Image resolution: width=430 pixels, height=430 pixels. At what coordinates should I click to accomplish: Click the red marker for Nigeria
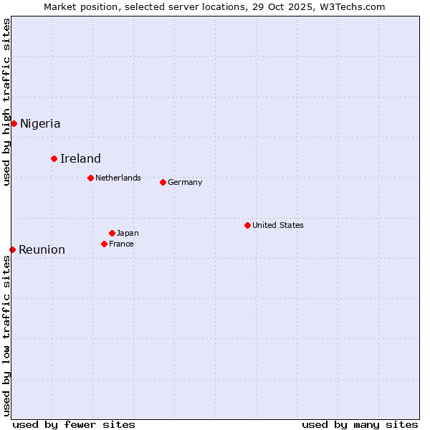pyautogui.click(x=14, y=123)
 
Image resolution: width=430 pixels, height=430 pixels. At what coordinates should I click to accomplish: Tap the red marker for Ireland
pyautogui.click(x=54, y=158)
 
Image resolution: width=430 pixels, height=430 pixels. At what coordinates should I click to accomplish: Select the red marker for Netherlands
pyautogui.click(x=90, y=178)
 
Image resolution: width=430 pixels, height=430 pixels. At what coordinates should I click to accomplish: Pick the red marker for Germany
pyautogui.click(x=163, y=182)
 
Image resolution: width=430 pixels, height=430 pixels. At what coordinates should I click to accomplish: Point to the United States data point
pyautogui.click(x=247, y=225)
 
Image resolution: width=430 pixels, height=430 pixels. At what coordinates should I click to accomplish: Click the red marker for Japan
pyautogui.click(x=112, y=233)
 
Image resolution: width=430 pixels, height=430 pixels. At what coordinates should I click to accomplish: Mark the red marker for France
pyautogui.click(x=104, y=244)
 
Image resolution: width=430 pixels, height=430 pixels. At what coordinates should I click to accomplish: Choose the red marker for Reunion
pyautogui.click(x=12, y=249)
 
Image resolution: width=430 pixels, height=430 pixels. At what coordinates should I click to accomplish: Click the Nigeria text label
pyautogui.click(x=40, y=123)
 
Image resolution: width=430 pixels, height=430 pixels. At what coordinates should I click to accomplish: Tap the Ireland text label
pyautogui.click(x=80, y=158)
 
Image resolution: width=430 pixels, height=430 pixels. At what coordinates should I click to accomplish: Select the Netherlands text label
pyautogui.click(x=118, y=178)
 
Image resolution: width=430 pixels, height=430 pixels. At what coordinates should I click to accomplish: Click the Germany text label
pyautogui.click(x=185, y=182)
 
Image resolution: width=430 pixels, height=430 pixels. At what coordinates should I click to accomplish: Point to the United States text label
pyautogui.click(x=278, y=225)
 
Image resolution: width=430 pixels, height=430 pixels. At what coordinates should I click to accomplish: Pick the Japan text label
pyautogui.click(x=128, y=233)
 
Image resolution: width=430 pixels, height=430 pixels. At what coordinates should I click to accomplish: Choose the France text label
pyautogui.click(x=121, y=244)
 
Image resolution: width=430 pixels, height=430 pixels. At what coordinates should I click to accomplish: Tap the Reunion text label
pyautogui.click(x=42, y=249)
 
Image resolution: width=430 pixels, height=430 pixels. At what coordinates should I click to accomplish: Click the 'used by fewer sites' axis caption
pyautogui.click(x=74, y=424)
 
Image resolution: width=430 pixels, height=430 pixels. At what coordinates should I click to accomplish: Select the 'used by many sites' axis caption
pyautogui.click(x=360, y=424)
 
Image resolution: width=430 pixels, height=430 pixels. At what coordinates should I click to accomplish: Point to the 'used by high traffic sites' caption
pyautogui.click(x=6, y=102)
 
